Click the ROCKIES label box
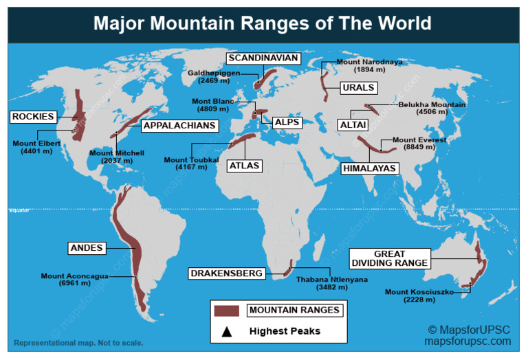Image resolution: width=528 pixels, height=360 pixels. click(32, 117)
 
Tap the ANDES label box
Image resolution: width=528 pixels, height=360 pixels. click(87, 248)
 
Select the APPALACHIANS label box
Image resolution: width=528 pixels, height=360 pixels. click(180, 126)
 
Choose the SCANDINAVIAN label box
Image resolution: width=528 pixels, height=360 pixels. click(263, 58)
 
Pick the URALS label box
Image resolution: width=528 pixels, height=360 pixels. click(358, 88)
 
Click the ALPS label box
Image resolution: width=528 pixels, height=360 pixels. click(287, 122)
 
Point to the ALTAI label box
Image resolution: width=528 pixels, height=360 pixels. click(353, 125)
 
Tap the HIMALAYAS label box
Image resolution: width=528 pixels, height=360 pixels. click(370, 168)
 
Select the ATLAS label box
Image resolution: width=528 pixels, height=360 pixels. click(245, 166)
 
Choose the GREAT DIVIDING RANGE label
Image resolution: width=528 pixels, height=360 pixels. click(390, 258)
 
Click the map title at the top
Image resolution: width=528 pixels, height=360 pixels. click(263, 23)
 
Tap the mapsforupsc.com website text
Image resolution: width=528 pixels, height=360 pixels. click(467, 341)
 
